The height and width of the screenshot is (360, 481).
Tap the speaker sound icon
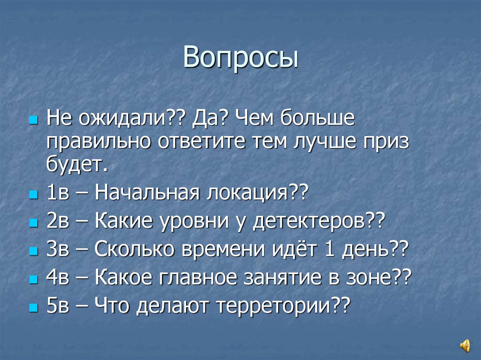(x=465, y=346)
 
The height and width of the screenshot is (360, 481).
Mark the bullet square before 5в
(x=33, y=307)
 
